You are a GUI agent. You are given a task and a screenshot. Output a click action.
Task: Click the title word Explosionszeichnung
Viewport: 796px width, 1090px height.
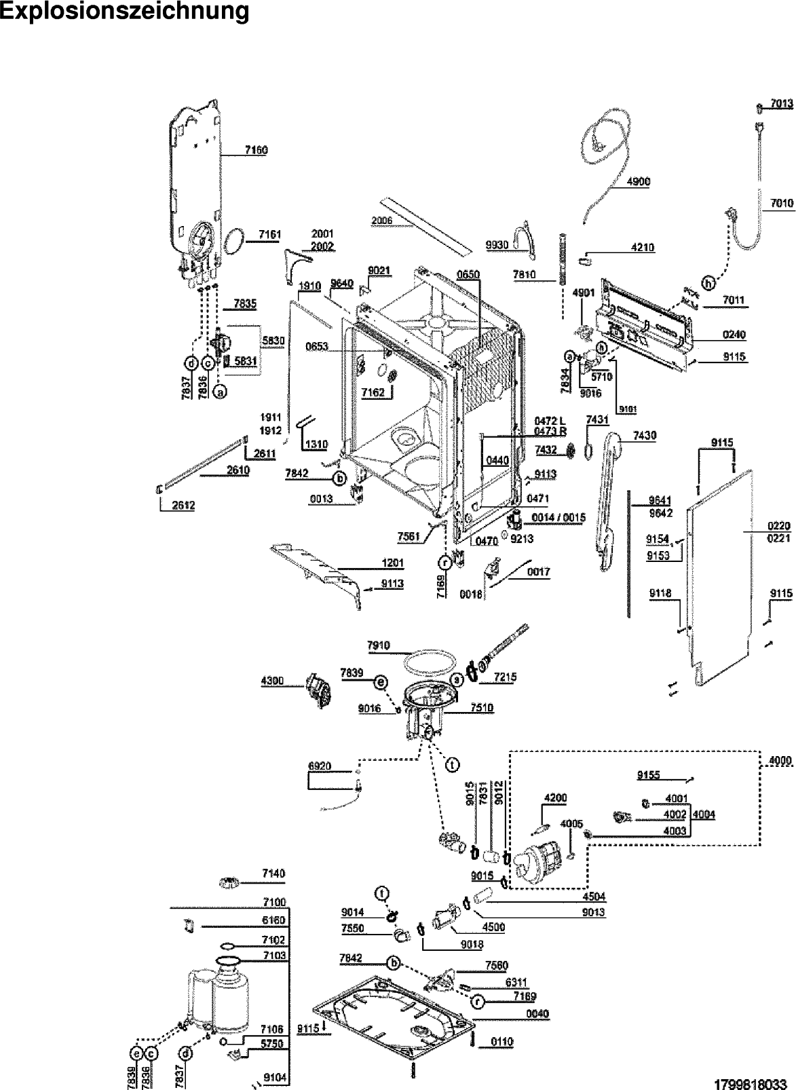click(124, 12)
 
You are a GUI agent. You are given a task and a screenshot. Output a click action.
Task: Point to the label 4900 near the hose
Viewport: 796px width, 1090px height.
click(639, 182)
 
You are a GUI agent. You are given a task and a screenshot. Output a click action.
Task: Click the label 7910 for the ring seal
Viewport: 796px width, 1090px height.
click(379, 645)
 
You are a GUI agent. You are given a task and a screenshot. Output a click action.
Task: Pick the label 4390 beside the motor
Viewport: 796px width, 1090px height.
click(272, 681)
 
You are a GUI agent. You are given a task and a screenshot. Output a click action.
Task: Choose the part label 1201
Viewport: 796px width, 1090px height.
click(393, 563)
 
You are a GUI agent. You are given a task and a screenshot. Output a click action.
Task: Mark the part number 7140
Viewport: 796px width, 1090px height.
click(273, 873)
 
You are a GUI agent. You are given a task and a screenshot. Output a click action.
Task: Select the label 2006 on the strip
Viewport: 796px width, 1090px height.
click(382, 221)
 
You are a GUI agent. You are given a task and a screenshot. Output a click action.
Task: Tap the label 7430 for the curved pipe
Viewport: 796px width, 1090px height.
click(644, 436)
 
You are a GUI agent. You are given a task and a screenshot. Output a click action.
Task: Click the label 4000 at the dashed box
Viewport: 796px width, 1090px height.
click(780, 762)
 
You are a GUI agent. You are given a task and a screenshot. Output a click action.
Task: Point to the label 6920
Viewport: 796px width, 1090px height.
click(320, 766)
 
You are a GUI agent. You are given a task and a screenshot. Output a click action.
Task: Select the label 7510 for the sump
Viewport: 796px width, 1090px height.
click(482, 708)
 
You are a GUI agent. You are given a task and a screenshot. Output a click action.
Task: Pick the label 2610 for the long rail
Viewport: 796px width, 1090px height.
click(238, 470)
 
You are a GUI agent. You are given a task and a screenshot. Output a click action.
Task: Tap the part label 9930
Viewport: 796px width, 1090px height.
click(497, 245)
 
